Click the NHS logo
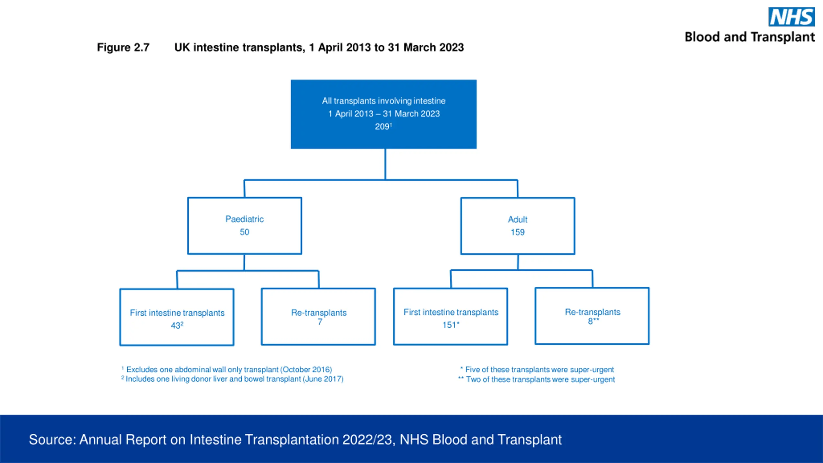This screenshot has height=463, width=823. click(x=791, y=17)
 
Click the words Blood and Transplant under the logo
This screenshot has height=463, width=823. click(x=750, y=37)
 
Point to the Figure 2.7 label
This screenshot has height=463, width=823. click(x=123, y=48)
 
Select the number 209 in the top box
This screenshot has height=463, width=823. click(x=382, y=126)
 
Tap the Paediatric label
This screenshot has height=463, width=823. click(x=244, y=219)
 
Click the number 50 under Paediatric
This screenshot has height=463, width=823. click(x=244, y=232)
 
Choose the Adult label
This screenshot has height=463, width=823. click(x=518, y=219)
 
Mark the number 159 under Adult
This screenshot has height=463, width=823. click(x=518, y=232)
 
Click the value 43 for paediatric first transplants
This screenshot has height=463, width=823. click(x=175, y=326)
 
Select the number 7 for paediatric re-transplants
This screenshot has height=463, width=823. click(x=320, y=322)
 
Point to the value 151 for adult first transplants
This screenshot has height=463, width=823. click(x=449, y=325)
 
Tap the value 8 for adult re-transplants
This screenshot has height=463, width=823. click(x=590, y=321)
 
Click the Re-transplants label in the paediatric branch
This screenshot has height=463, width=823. click(x=319, y=313)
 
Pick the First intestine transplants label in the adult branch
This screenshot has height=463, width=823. click(x=451, y=312)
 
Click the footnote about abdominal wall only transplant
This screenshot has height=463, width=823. click(x=227, y=369)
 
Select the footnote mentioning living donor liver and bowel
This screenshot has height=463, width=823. click(x=232, y=379)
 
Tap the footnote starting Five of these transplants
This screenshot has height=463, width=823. click(x=537, y=369)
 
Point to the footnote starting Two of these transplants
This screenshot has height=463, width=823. click(x=537, y=379)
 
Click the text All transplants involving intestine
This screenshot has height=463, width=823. click(x=384, y=101)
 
